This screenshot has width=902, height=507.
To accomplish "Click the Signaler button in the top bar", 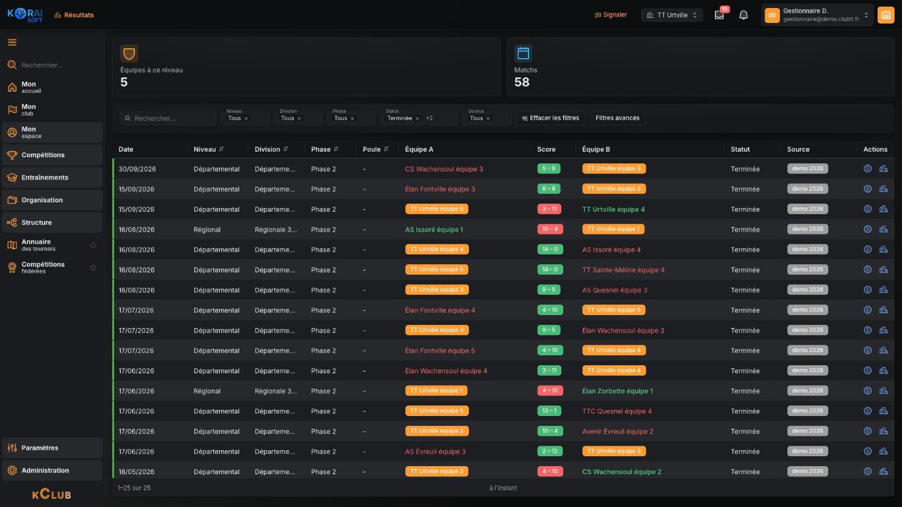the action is [610, 15].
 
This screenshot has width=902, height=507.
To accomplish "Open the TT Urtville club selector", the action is [672, 15].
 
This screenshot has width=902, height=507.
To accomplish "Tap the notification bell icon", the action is [743, 15].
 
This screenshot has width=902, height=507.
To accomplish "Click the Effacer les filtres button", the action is [550, 118].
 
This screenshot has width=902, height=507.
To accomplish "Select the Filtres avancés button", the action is [617, 118].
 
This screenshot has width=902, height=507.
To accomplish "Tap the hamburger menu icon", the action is [12, 42].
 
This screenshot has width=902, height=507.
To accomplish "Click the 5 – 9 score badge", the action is [548, 168].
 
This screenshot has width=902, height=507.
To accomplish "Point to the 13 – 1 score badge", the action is [550, 411].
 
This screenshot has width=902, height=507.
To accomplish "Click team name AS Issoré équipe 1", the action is [434, 229].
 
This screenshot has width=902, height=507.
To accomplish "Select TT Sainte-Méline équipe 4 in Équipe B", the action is [623, 270].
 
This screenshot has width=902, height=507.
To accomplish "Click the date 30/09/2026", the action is [137, 169].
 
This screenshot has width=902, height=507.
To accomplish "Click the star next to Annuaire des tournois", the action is [93, 245].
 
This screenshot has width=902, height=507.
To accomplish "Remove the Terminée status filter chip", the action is [417, 118].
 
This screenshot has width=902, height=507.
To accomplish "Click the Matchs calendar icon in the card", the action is [523, 53].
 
